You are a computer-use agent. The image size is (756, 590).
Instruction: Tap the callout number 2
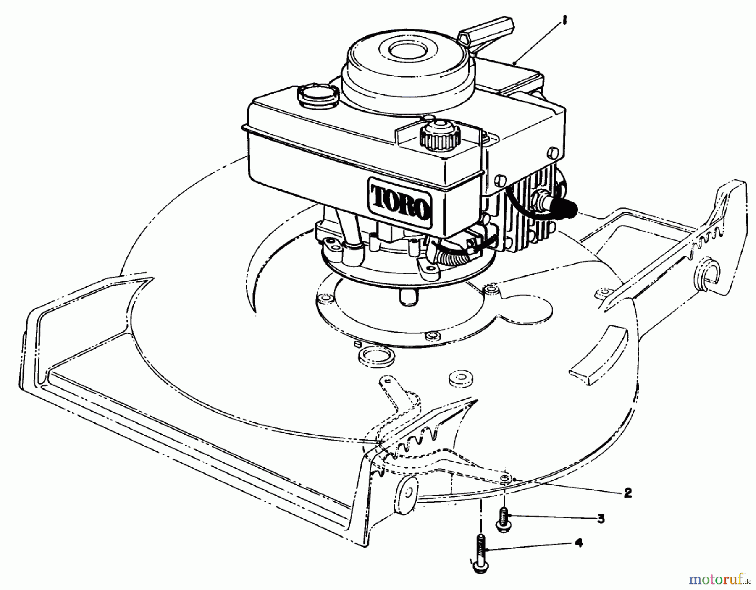627,493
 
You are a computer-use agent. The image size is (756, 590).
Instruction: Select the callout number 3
601,519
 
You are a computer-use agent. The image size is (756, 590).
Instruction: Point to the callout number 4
579,543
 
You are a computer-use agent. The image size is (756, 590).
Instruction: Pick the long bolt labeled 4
479,552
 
